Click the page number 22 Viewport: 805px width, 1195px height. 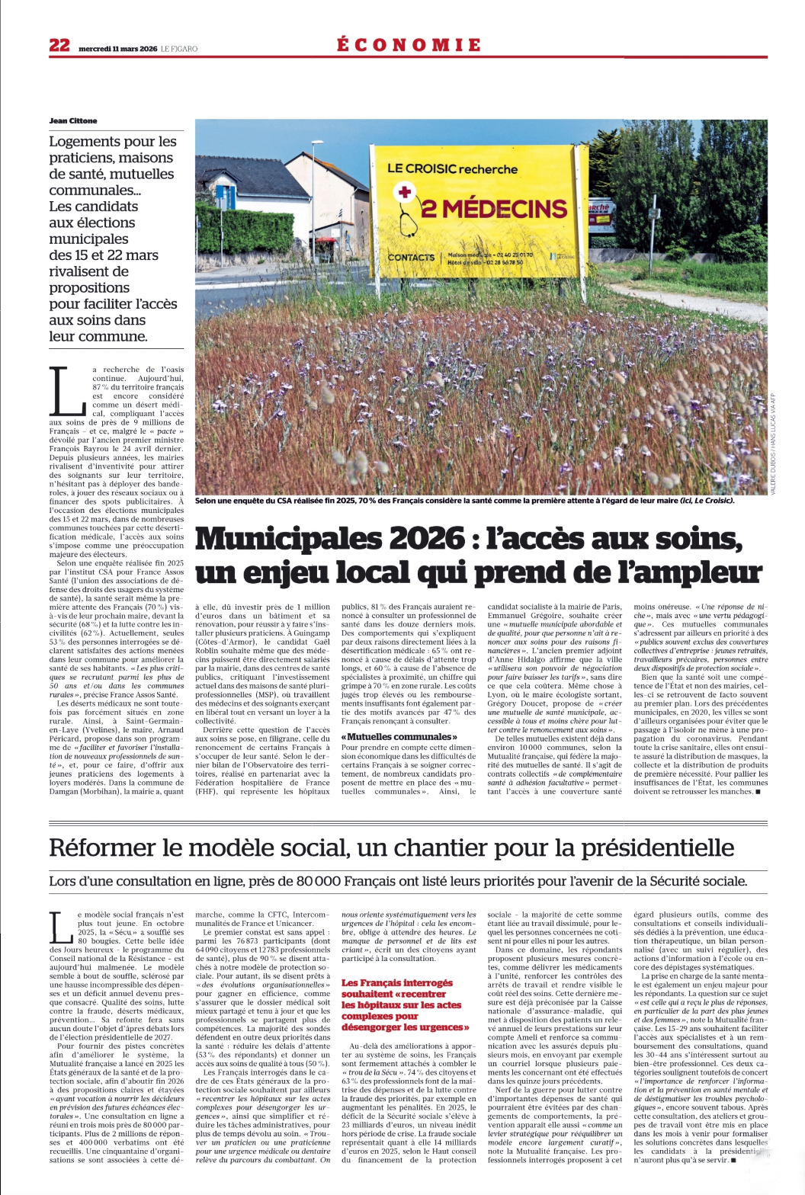click(x=59, y=46)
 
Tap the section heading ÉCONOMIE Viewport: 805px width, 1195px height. click(x=409, y=45)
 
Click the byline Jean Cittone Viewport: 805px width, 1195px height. click(x=73, y=121)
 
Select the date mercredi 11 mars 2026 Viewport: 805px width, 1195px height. click(x=118, y=49)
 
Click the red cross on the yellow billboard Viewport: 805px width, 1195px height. click(x=405, y=191)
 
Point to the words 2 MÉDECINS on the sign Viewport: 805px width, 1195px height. click(x=494, y=208)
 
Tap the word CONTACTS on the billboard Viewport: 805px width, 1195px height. click(x=411, y=258)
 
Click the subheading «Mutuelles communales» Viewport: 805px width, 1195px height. click(x=399, y=737)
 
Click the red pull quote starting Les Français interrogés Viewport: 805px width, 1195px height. click(x=402, y=1005)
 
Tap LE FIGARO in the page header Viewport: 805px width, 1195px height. click(x=179, y=49)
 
